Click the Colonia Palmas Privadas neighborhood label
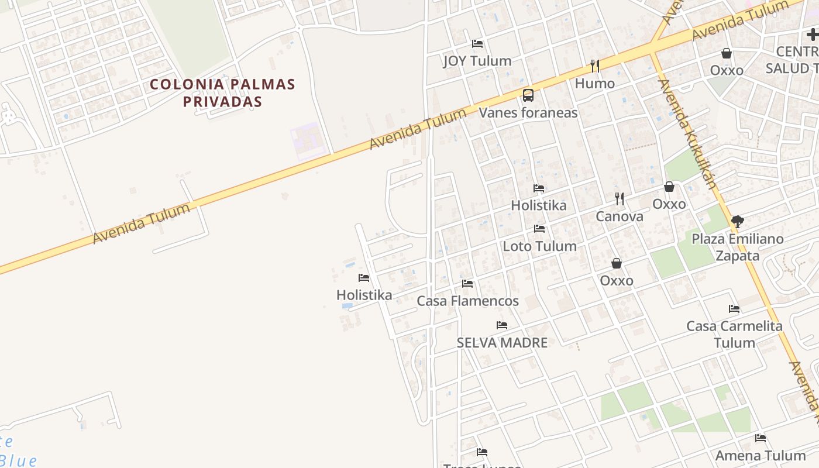(222, 92)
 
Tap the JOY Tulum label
(477, 61)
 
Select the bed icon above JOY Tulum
(477, 44)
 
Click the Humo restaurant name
(594, 83)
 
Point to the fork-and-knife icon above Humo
(595, 66)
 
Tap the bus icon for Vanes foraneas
(528, 95)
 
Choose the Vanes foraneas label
(528, 112)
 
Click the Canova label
(619, 216)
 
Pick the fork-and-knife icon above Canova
(620, 199)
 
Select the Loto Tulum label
(539, 246)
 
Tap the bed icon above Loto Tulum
(539, 229)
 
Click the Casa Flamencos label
(467, 301)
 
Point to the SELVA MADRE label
(502, 343)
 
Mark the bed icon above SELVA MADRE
(502, 325)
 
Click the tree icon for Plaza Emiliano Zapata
(738, 222)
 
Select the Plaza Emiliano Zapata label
(737, 247)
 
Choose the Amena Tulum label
(760, 455)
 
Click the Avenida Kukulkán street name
(687, 134)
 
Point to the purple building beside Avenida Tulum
(307, 141)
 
